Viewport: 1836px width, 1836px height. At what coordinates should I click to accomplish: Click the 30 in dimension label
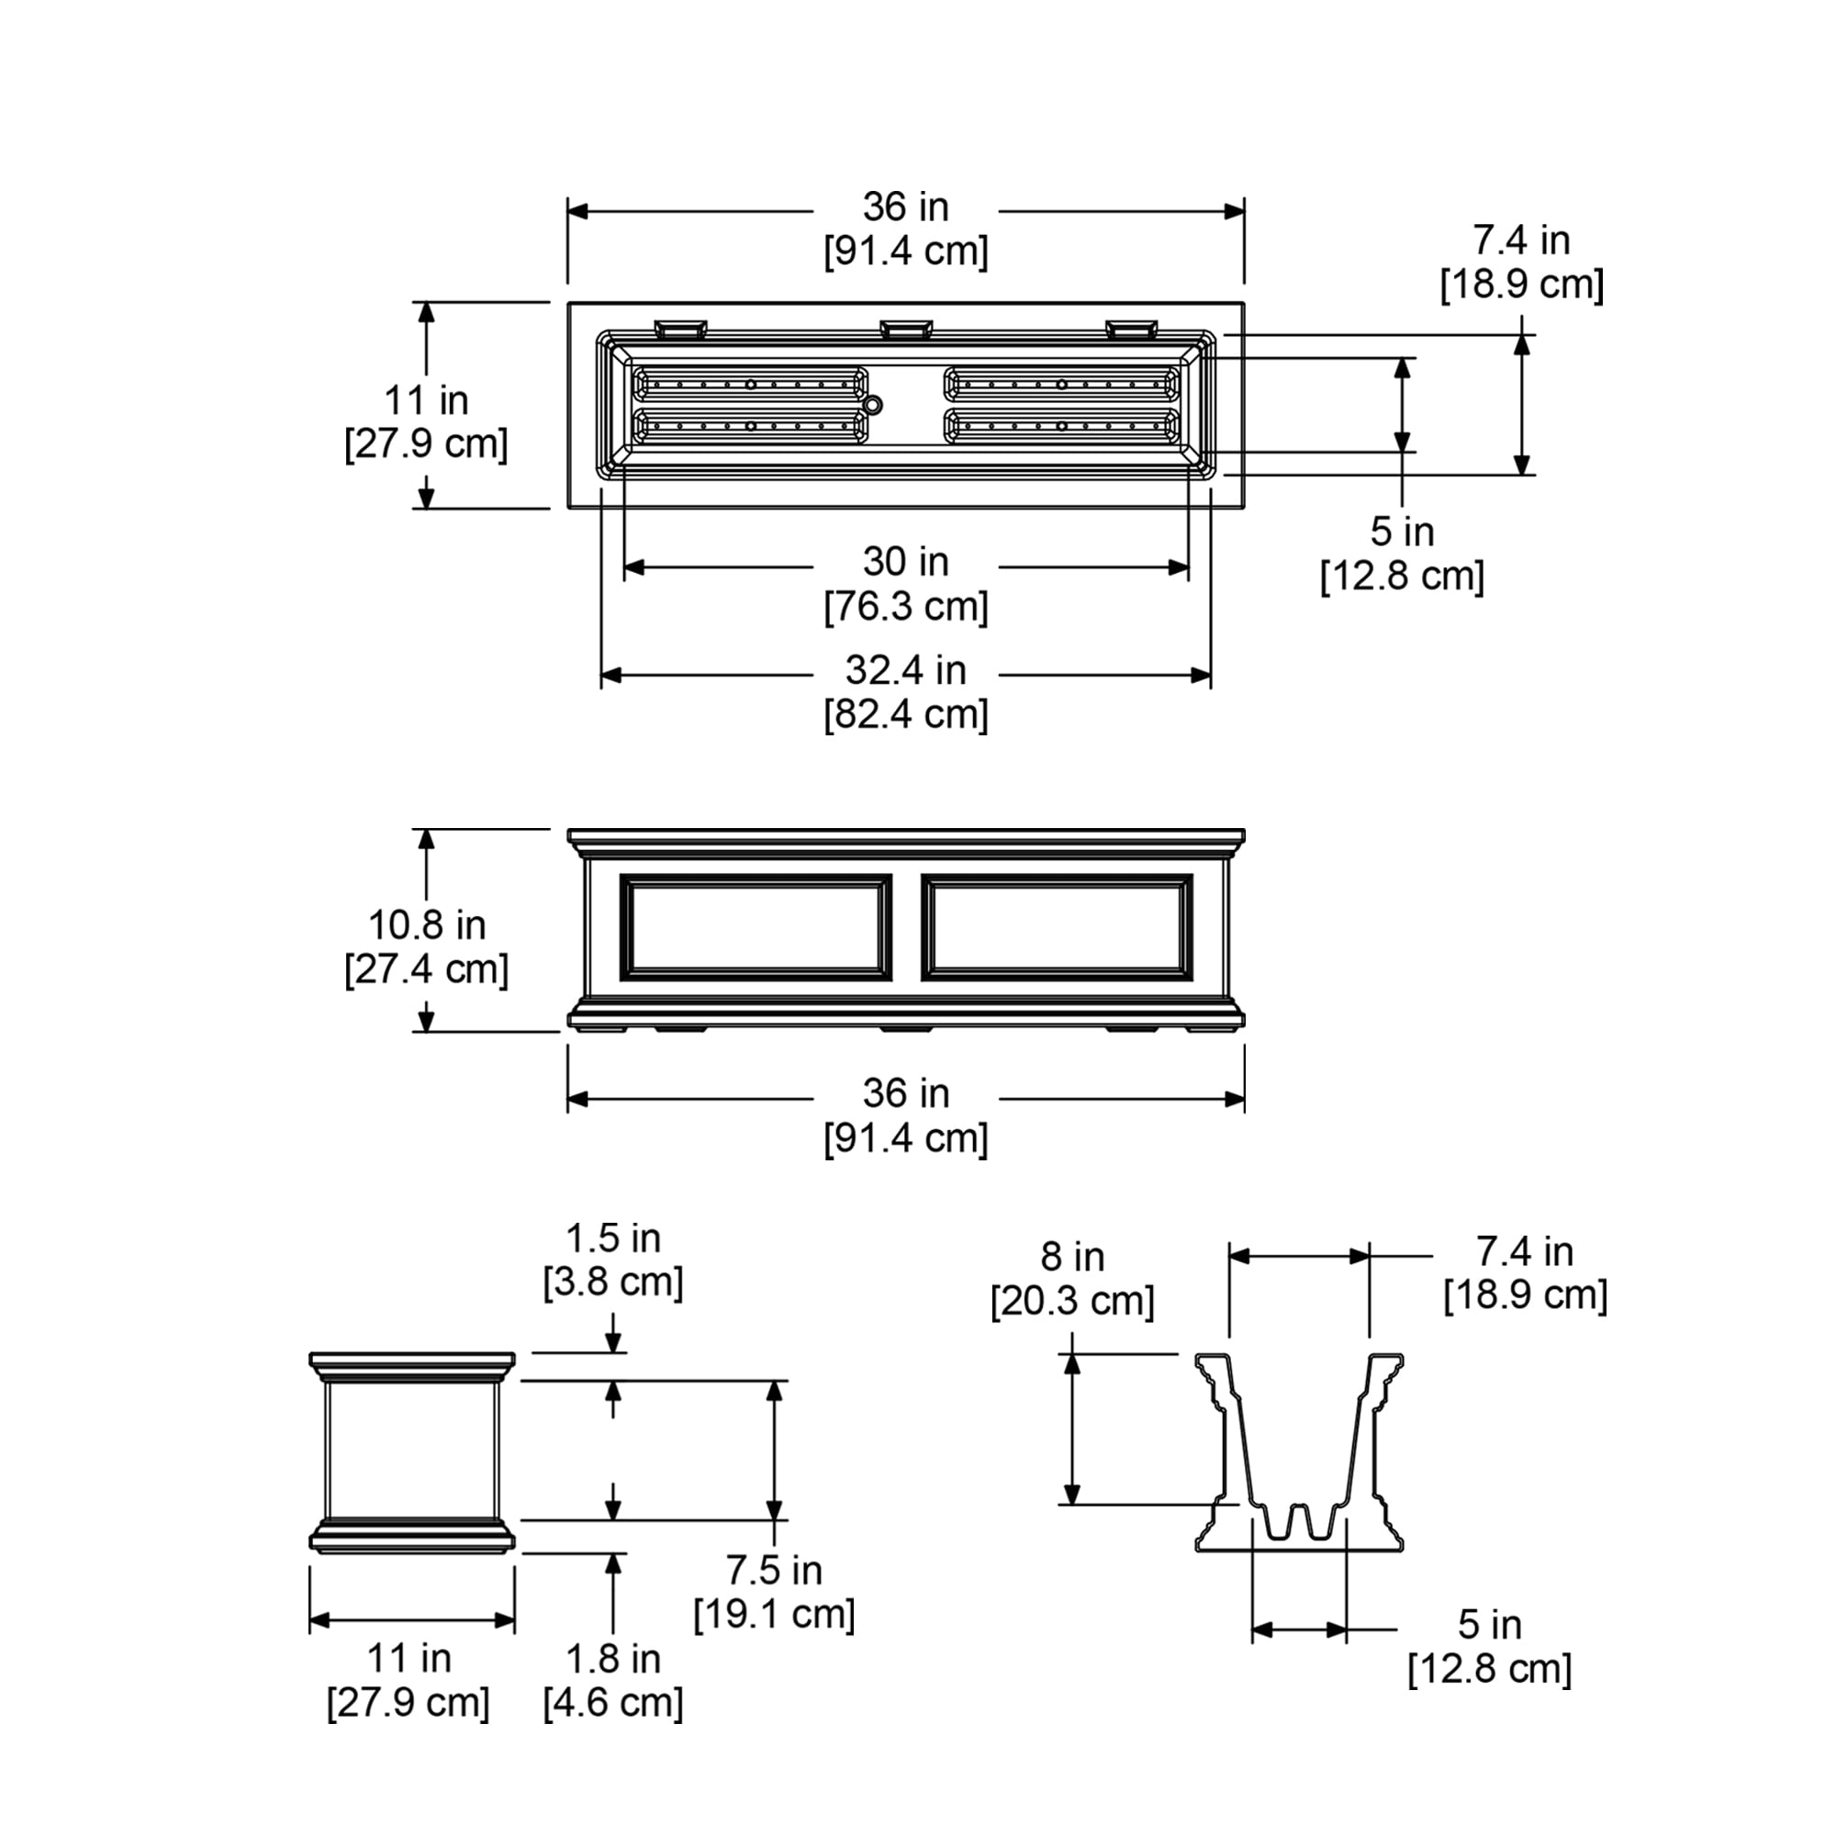pos(905,562)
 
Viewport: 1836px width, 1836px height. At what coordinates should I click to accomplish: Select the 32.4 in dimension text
pos(905,670)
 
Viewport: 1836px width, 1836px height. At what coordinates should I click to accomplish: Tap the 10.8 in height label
pos(427,924)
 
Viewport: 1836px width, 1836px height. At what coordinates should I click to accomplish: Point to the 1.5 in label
pos(613,1237)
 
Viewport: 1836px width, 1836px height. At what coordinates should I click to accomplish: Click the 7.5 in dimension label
pos(774,1570)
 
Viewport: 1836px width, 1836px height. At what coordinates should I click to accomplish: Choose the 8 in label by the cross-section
pos(1072,1257)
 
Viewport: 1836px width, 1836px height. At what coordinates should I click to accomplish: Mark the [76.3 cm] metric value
pos(905,606)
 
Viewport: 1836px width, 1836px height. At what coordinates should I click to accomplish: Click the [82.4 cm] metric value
pos(905,713)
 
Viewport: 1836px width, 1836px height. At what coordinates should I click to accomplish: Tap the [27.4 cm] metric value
pos(427,969)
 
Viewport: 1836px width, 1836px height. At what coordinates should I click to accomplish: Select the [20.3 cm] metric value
pos(1072,1300)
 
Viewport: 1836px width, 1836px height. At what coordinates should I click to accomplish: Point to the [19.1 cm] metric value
pos(774,1614)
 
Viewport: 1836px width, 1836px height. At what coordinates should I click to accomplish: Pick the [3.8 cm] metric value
pos(613,1282)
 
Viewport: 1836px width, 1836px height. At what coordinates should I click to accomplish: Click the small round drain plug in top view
pos(872,405)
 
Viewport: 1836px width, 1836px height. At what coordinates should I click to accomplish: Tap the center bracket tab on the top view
pos(906,329)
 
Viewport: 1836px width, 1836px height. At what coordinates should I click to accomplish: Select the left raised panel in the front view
pos(756,926)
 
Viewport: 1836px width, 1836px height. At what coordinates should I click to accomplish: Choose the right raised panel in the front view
pos(1057,926)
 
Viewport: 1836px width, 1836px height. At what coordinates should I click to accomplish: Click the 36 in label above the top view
pos(905,207)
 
